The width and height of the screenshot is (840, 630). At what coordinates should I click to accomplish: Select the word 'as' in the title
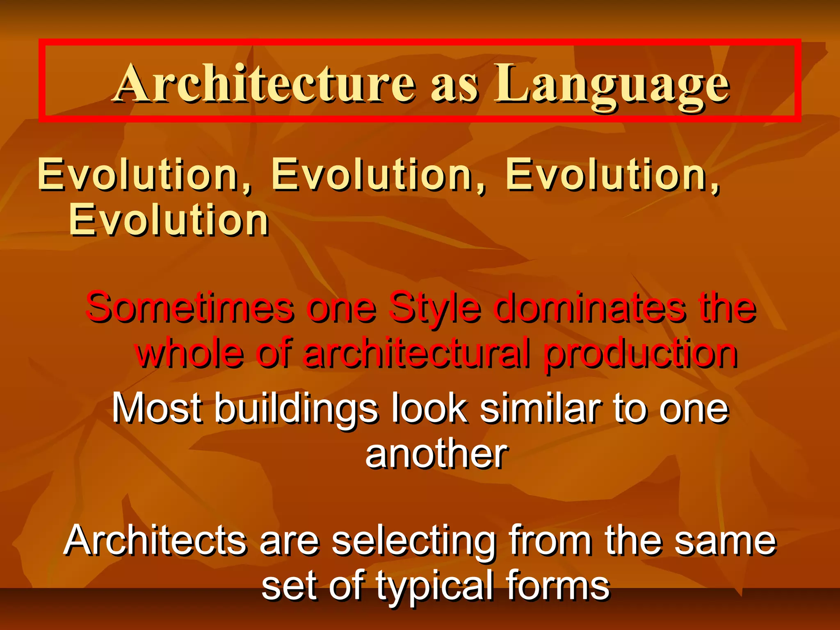click(x=454, y=86)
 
